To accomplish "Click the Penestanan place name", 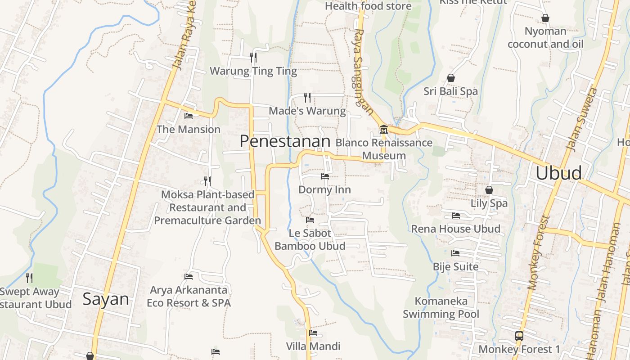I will pos(285,141).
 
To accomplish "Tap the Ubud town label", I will pos(558,173).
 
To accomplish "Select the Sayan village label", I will pos(105,300).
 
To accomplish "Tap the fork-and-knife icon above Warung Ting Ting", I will pos(253,57).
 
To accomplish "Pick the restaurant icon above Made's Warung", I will pos(307,97).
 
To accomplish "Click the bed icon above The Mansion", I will pos(189,116).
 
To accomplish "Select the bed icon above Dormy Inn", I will pos(324,176).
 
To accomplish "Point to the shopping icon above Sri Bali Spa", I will pos(450,78).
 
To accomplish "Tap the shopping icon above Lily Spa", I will pos(489,190).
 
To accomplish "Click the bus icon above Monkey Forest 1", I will pos(519,336).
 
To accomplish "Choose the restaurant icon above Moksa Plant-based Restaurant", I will pos(207,181).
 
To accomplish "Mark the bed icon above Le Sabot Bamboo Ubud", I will pos(310,220).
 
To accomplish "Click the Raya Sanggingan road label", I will pos(364,74).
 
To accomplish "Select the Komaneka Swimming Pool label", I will pos(441,307).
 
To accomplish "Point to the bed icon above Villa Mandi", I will pos(313,333).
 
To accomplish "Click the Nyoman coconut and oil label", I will pos(545,38).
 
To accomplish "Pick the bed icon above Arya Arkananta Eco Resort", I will pos(189,276).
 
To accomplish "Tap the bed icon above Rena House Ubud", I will pos(455,216).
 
